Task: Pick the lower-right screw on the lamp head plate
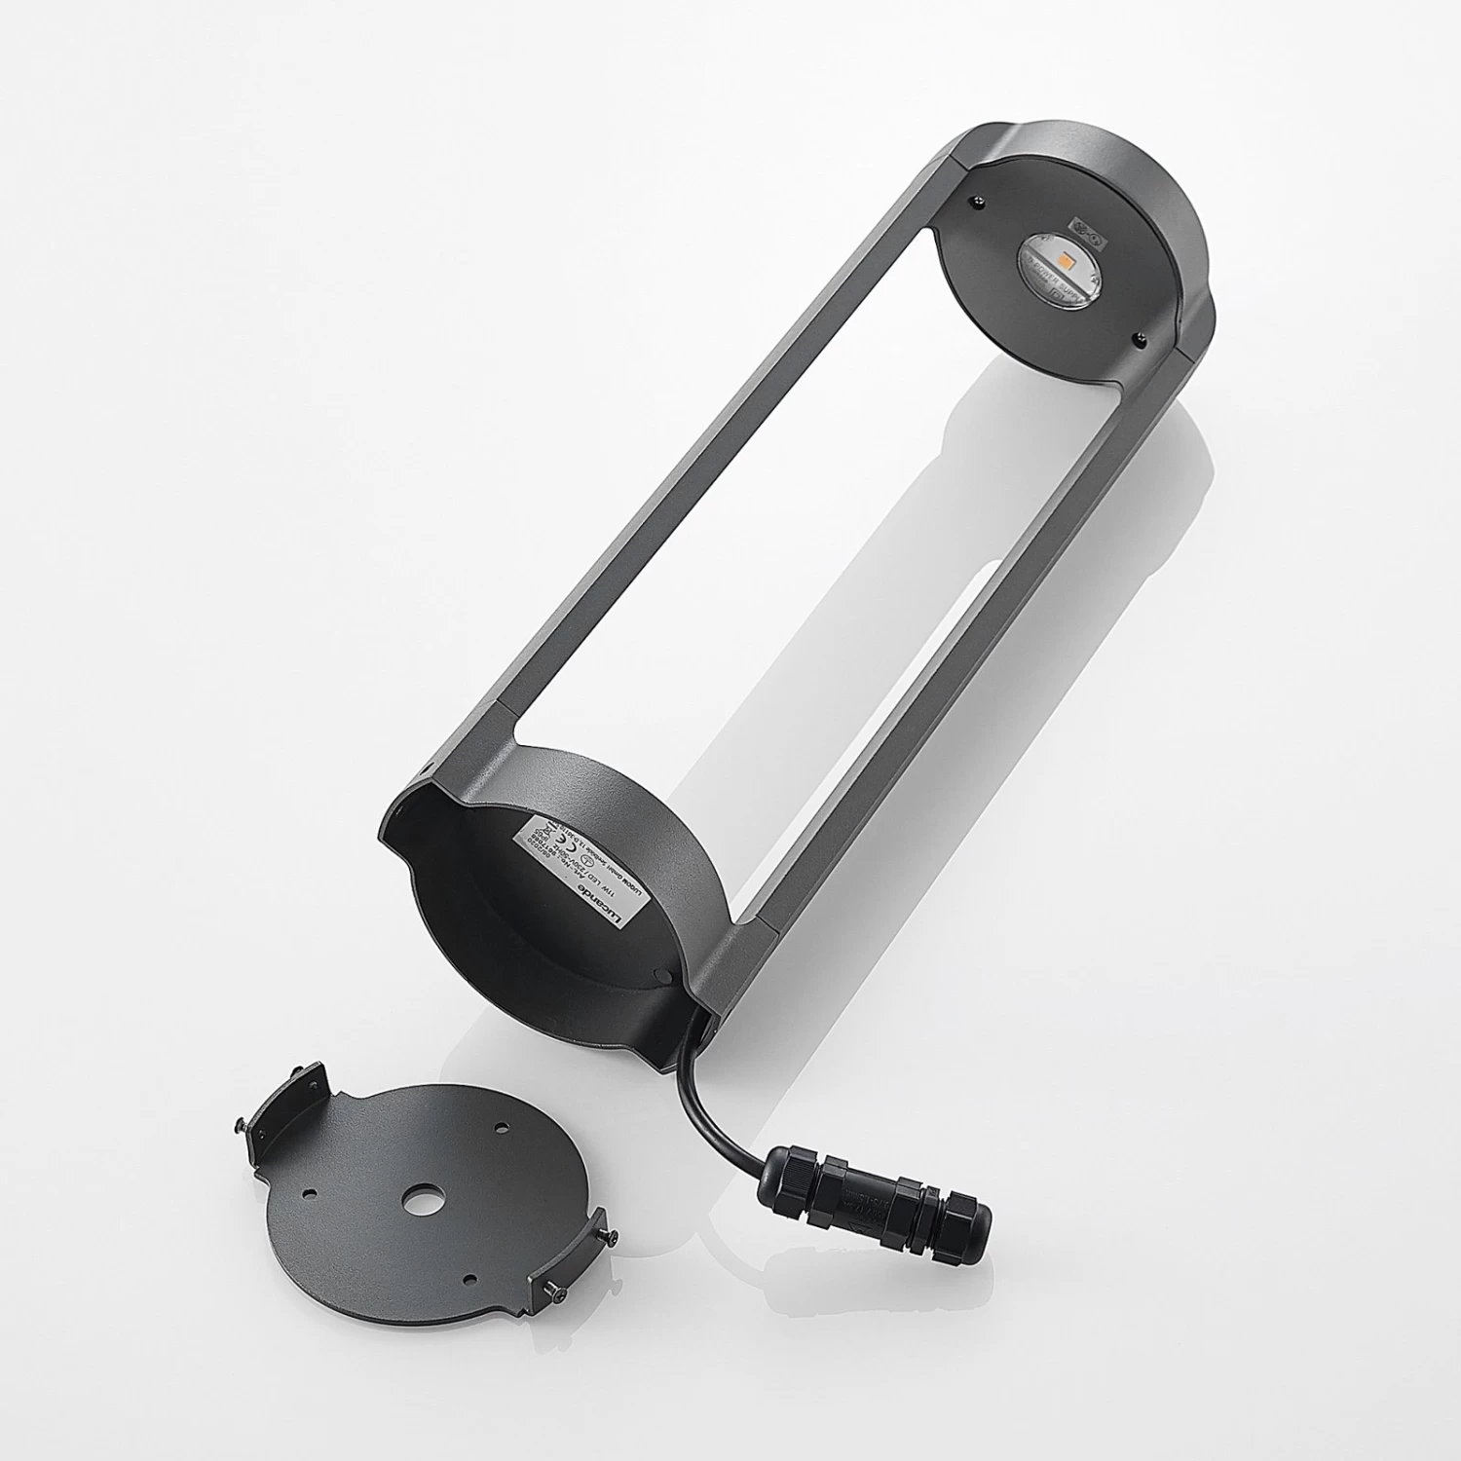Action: tap(1138, 337)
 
